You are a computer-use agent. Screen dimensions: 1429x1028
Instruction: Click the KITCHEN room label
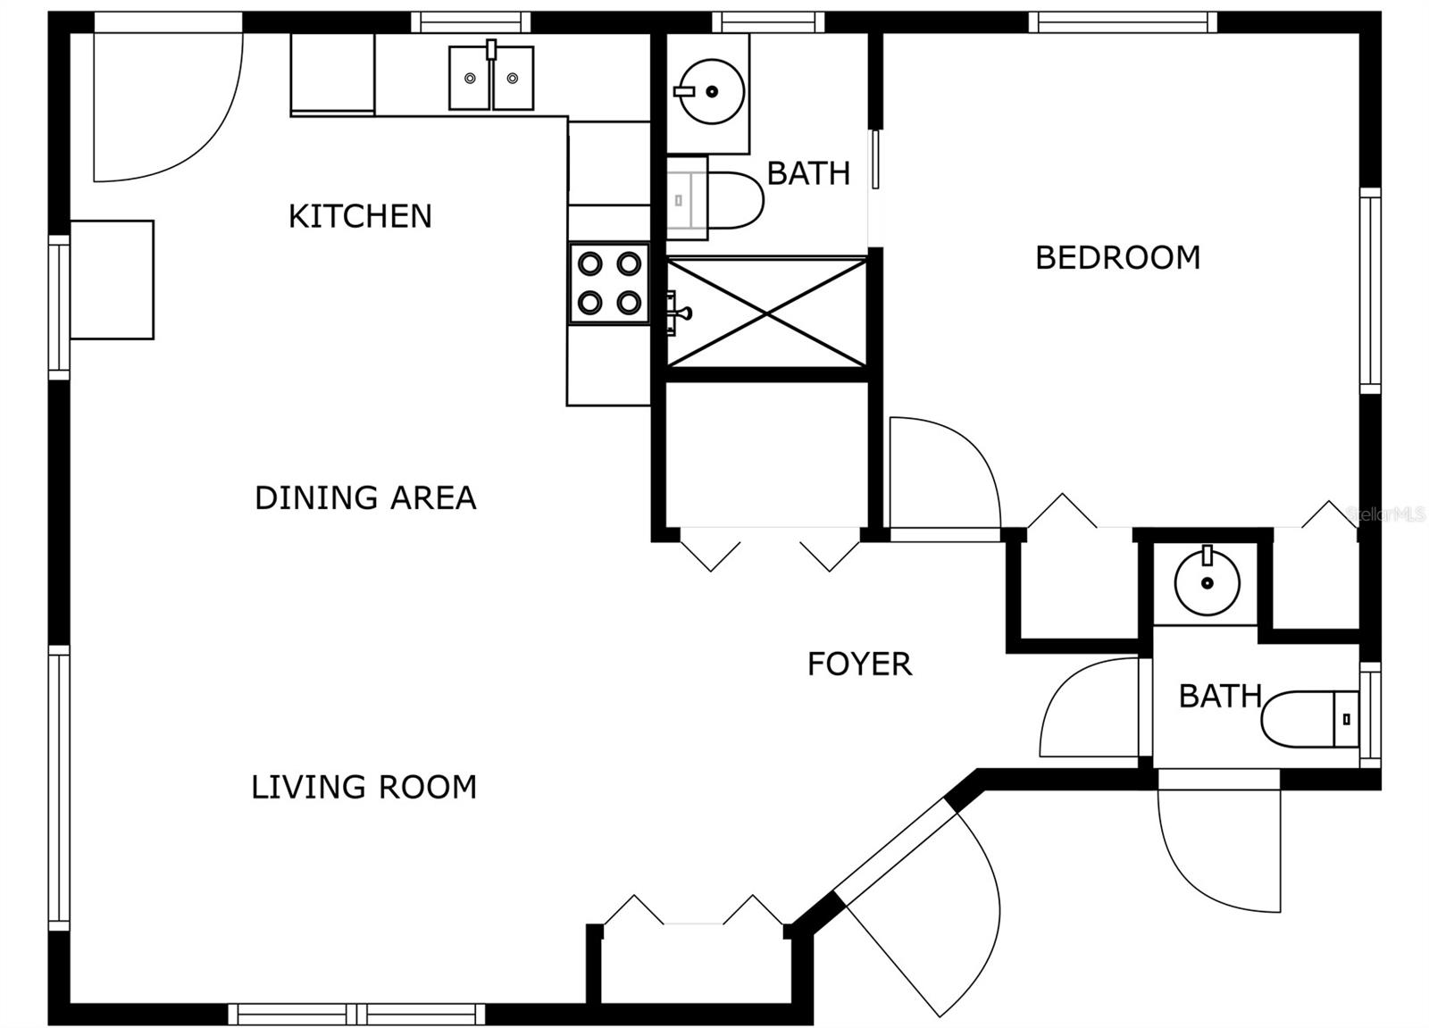(361, 216)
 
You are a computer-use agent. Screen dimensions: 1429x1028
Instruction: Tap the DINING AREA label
(365, 497)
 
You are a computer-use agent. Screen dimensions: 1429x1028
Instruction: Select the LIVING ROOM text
(364, 787)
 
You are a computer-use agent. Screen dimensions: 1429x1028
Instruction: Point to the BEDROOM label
(1117, 258)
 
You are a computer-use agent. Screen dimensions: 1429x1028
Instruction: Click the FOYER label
(859, 664)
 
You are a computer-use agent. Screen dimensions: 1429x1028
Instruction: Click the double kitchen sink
(491, 77)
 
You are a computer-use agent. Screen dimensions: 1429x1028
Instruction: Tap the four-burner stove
(609, 283)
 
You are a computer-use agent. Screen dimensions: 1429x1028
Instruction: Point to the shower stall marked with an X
(766, 313)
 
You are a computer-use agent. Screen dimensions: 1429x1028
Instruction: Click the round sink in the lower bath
(1207, 581)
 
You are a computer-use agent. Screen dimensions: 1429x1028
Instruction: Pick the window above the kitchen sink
(471, 22)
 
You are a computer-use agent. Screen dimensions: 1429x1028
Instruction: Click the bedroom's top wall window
(1123, 22)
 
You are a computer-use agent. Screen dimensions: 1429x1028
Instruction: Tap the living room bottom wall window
(356, 1014)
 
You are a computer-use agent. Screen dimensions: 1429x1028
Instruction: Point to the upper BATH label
(808, 173)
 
